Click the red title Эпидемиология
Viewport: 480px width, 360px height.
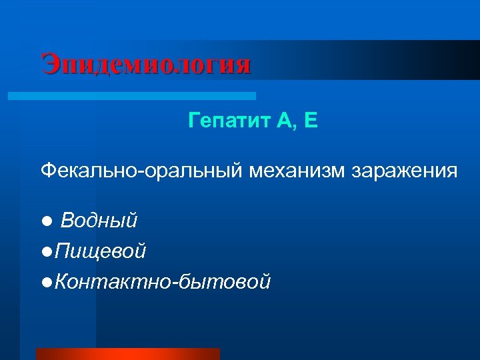(x=146, y=65)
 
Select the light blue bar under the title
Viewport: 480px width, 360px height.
(x=131, y=96)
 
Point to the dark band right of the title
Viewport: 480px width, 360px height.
(x=367, y=60)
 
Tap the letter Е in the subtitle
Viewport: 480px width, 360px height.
(x=294, y=121)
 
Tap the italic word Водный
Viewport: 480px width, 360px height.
(x=99, y=219)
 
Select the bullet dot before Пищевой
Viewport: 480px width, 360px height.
(x=45, y=252)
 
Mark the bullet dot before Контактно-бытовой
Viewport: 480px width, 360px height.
(x=45, y=283)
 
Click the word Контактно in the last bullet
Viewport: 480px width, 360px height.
(x=112, y=282)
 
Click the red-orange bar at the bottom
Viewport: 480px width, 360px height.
(x=127, y=354)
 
